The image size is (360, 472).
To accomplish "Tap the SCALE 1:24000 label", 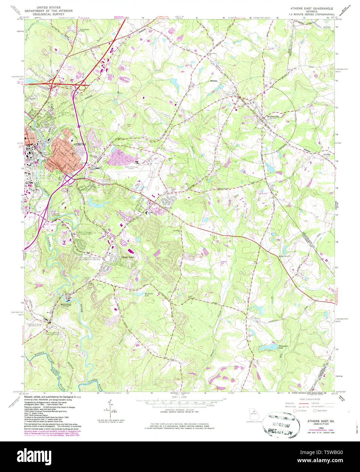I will pyautogui.click(x=179, y=396).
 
